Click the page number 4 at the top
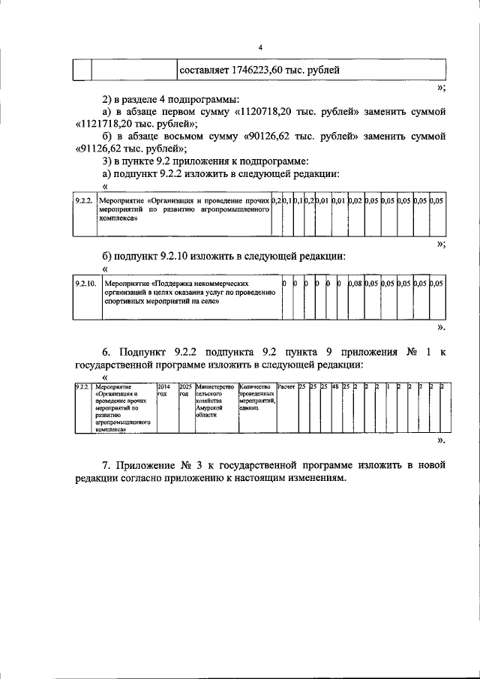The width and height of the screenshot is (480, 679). (259, 47)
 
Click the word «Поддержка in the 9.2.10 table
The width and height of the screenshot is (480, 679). (175, 284)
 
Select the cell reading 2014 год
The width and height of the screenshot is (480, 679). (164, 390)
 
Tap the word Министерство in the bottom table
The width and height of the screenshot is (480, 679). (215, 386)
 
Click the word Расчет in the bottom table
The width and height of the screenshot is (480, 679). (286, 386)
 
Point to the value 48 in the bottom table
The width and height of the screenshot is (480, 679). (335, 386)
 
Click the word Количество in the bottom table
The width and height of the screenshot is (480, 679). (254, 386)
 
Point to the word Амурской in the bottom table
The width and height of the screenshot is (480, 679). (209, 407)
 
